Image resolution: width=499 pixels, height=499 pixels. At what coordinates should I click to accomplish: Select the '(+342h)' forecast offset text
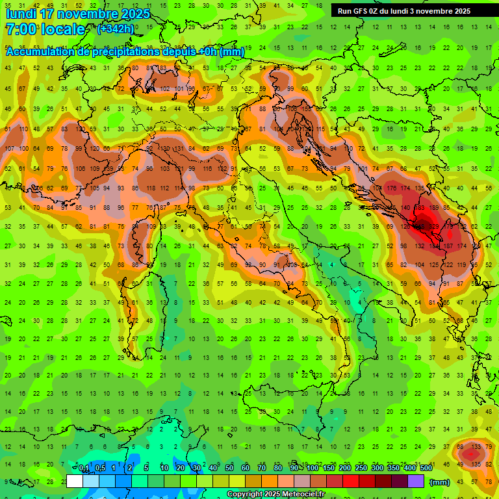coord(116,29)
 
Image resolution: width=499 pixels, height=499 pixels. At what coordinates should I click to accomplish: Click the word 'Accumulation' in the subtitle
coord(40,52)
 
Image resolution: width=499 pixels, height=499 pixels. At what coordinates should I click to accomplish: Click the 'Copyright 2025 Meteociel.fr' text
coord(275,494)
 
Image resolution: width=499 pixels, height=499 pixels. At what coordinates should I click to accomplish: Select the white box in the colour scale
coord(75,481)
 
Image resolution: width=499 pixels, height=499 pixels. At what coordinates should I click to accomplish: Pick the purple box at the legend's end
coord(416,481)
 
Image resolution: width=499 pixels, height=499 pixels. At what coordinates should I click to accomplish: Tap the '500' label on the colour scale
coord(426,468)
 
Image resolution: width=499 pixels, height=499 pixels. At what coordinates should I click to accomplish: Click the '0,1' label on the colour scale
coord(84,468)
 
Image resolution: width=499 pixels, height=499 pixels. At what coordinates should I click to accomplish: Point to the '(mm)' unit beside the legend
coord(439,482)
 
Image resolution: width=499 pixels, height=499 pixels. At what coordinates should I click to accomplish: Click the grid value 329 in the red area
coord(433,227)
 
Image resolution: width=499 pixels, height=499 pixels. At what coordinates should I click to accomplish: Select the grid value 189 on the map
coord(434,207)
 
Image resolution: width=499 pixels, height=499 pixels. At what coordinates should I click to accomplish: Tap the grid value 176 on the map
coord(391,188)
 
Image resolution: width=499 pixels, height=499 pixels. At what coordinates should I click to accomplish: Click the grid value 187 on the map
coord(448,246)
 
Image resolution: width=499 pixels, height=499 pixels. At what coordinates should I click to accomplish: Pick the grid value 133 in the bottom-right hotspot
coord(476,446)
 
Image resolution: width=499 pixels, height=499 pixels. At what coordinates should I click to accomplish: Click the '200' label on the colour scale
coord(345,468)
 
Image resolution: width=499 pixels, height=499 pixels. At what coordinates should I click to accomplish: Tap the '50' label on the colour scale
coord(229,468)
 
